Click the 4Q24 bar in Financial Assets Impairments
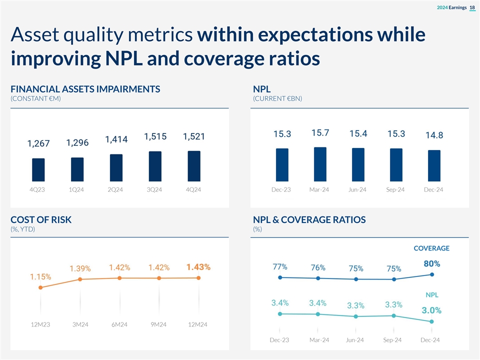click(194, 166)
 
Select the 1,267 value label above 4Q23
click(38, 144)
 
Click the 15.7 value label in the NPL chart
click(320, 133)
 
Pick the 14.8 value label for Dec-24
click(434, 135)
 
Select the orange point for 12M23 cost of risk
click(40, 287)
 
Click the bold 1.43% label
click(198, 267)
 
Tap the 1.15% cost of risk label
click(40, 276)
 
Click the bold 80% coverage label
click(432, 263)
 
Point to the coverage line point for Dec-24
click(431, 274)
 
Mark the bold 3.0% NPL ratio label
click(431, 310)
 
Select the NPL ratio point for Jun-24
click(355, 316)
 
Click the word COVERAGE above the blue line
click(431, 248)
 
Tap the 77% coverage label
click(280, 266)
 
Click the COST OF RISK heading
click(41, 220)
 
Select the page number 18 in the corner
click(472, 7)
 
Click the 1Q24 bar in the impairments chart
click(77, 169)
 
